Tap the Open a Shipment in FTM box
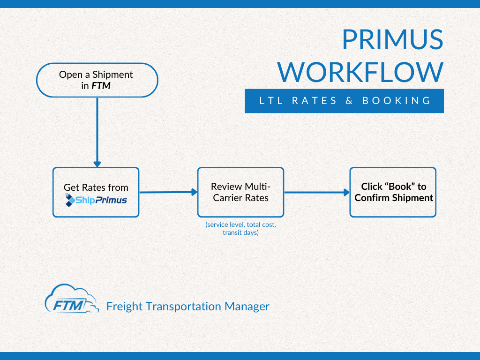coord(97,80)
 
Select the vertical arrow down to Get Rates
coord(97,131)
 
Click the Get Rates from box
coord(96,192)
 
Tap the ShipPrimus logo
coord(96,201)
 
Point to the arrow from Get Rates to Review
coord(168,192)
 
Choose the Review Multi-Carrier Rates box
coord(240,192)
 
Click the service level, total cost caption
coord(240,225)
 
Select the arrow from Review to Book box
coord(316,192)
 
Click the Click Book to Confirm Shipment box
coord(393,192)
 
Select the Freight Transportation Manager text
coord(187,307)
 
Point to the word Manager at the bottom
coord(247,307)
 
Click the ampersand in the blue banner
coord(349,101)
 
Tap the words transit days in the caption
coord(240,232)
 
